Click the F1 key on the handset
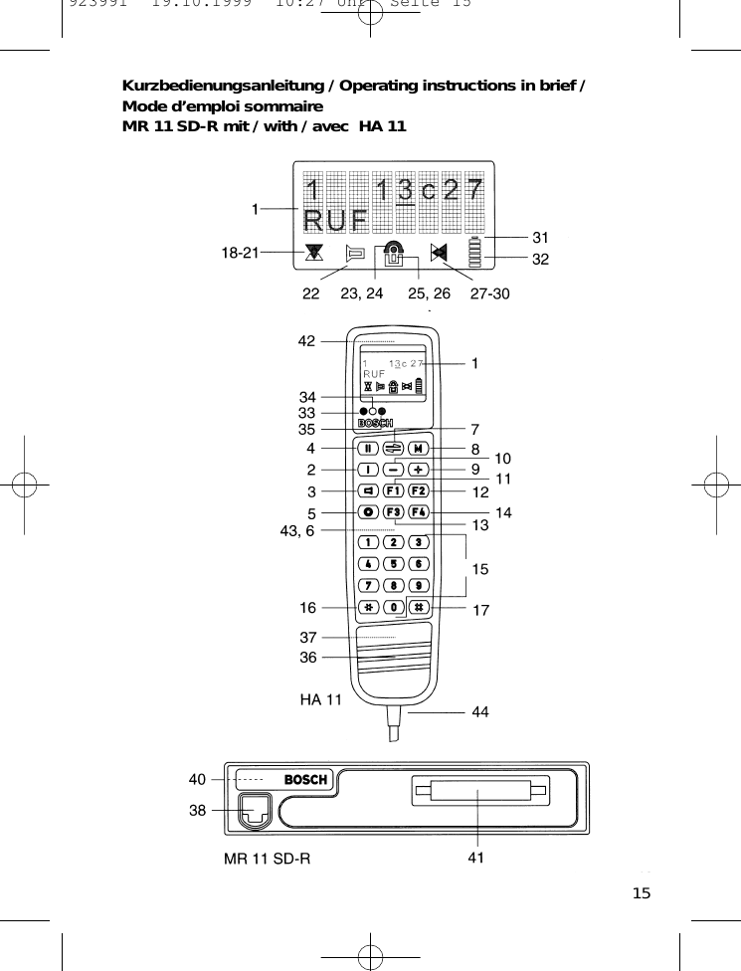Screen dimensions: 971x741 click(394, 490)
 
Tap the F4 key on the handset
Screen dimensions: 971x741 click(419, 512)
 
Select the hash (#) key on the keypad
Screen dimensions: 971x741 click(419, 607)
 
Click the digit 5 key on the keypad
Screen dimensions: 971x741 click(394, 563)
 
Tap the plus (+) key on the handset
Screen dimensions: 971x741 click(419, 469)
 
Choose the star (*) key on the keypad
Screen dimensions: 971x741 click(369, 607)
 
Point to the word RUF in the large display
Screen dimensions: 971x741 click(335, 218)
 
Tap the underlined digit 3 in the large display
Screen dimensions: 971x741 click(406, 189)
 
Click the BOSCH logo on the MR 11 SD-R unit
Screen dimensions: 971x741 click(306, 779)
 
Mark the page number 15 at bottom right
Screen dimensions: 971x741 click(642, 893)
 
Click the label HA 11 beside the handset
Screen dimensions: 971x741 click(320, 699)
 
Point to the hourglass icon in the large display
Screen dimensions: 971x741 click(314, 253)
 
